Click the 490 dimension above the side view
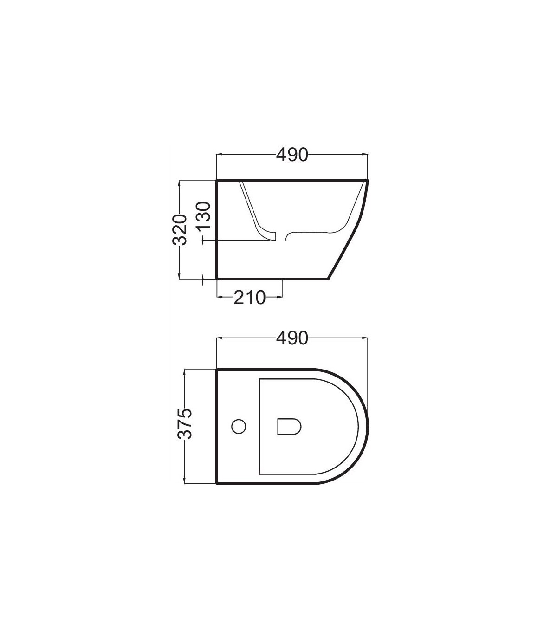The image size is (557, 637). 292,155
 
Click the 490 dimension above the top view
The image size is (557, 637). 292,338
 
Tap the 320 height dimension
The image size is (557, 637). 180,229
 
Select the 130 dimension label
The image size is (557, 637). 204,215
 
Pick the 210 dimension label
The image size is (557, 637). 250,298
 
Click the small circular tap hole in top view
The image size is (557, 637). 239,426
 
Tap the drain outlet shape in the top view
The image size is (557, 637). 289,426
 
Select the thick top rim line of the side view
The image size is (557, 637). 292,180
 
